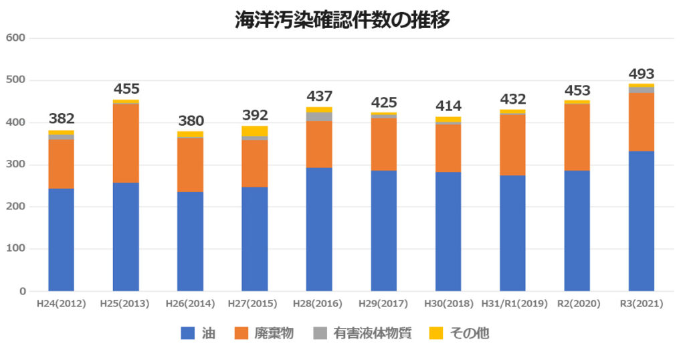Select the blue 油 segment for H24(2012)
(x=61, y=240)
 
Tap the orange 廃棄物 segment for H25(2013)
(x=126, y=143)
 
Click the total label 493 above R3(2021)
(x=642, y=74)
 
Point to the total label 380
(x=191, y=121)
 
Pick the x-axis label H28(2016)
(x=320, y=304)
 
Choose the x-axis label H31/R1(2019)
(x=513, y=304)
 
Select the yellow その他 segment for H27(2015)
(x=255, y=130)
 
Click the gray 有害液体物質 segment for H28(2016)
(x=320, y=116)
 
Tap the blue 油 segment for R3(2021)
(x=642, y=221)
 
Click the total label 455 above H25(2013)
(x=126, y=89)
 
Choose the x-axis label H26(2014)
(x=191, y=304)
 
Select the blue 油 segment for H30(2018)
(x=448, y=232)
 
